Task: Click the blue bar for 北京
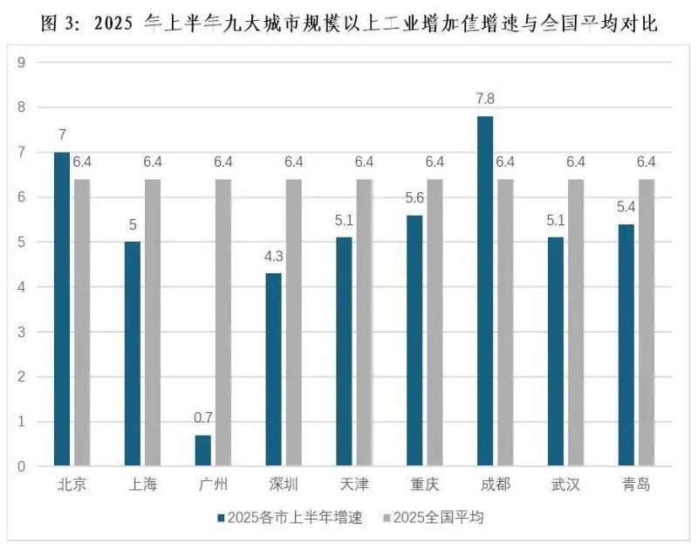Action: pyautogui.click(x=61, y=309)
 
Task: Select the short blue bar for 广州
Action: pyautogui.click(x=202, y=451)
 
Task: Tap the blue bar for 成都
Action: pyautogui.click(x=485, y=292)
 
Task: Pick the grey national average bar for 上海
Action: pyautogui.click(x=153, y=323)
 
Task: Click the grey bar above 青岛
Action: pyautogui.click(x=647, y=323)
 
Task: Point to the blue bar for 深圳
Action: pyautogui.click(x=273, y=370)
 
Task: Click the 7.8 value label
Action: pyautogui.click(x=485, y=100)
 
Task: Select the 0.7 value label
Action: pyautogui.click(x=202, y=419)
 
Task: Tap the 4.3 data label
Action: pyautogui.click(x=273, y=258)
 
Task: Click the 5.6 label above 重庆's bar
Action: pyautogui.click(x=414, y=199)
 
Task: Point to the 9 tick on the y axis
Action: pyautogui.click(x=22, y=62)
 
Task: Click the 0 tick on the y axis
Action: pyautogui.click(x=22, y=467)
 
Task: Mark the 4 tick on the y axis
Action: pyautogui.click(x=22, y=287)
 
